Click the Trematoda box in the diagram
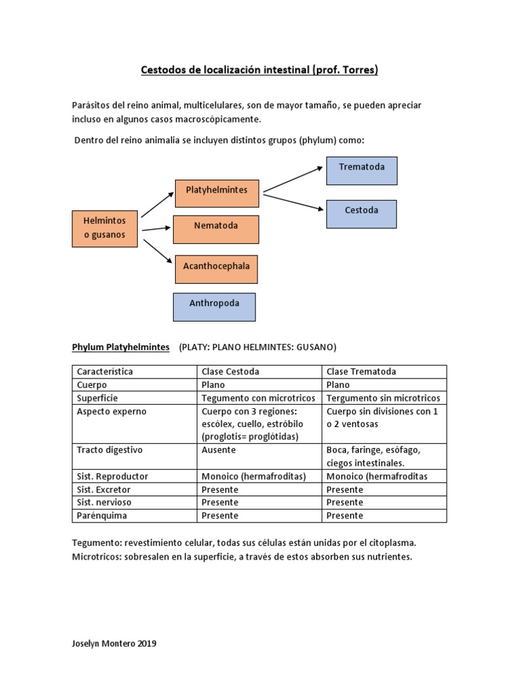click(362, 170)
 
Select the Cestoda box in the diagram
click(361, 214)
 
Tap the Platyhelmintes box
click(216, 193)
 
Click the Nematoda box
click(216, 229)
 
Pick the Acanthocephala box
click(216, 269)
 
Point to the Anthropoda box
click(214, 307)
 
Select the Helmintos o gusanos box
click(104, 229)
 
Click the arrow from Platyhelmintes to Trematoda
click(293, 178)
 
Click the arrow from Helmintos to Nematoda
click(156, 229)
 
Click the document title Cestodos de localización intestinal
click(259, 70)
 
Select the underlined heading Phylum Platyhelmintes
click(121, 347)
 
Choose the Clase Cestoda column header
click(230, 372)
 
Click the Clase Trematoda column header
click(361, 372)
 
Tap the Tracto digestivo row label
click(110, 450)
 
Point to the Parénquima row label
click(102, 516)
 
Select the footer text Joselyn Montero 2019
click(114, 644)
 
